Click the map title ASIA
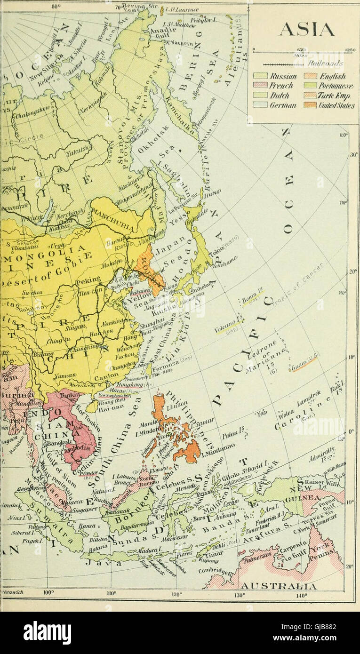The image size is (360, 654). pyautogui.click(x=306, y=30)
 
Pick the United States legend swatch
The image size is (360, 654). pyautogui.click(x=310, y=105)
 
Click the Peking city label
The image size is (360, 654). pyautogui.click(x=88, y=281)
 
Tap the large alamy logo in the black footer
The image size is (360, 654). pyautogui.click(x=47, y=633)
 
